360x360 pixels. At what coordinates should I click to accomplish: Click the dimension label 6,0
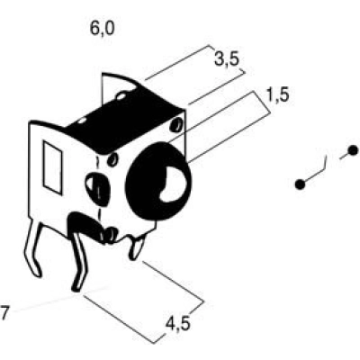point(103,29)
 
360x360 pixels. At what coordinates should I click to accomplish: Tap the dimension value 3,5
point(227,59)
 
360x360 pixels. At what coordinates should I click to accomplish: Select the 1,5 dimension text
point(277,95)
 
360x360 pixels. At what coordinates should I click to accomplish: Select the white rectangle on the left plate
point(53,168)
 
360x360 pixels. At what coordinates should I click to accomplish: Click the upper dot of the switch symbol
point(353,150)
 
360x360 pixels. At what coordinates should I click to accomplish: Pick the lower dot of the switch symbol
point(300,184)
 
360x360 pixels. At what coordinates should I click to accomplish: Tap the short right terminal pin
point(136,247)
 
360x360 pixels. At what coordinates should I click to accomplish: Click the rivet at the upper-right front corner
point(175,125)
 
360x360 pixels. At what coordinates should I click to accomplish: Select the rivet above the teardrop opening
point(113,159)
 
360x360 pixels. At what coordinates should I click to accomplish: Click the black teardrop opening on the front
point(98,189)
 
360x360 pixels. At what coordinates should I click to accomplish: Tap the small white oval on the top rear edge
point(121,96)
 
